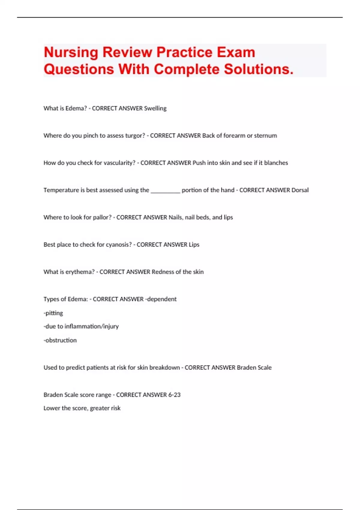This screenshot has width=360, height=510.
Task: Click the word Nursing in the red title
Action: pos(71,52)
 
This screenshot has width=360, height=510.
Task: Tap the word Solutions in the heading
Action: pos(259,69)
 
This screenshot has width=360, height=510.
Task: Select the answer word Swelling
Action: pos(155,108)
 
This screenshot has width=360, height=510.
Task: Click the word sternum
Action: pos(265,136)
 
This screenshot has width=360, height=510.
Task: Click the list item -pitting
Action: pos(53,313)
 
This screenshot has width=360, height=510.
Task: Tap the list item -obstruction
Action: pos(60,340)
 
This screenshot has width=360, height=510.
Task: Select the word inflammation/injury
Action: pos(91,326)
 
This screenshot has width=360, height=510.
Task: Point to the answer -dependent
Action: pos(161,299)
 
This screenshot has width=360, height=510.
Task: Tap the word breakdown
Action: pos(164,367)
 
